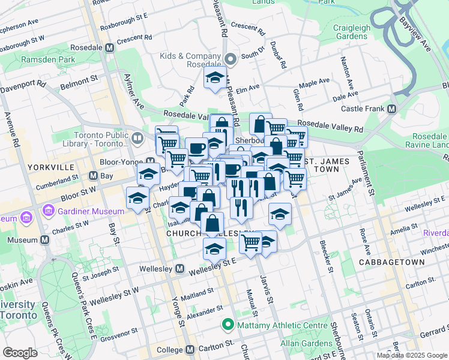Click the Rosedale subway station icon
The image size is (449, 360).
click(x=109, y=47)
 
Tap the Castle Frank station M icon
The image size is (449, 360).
click(x=392, y=109)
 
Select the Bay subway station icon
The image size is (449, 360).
click(x=93, y=176)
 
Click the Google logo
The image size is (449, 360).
click(x=20, y=352)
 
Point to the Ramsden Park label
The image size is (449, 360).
click(x=48, y=59)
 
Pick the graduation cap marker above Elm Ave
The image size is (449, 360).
click(x=214, y=78)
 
